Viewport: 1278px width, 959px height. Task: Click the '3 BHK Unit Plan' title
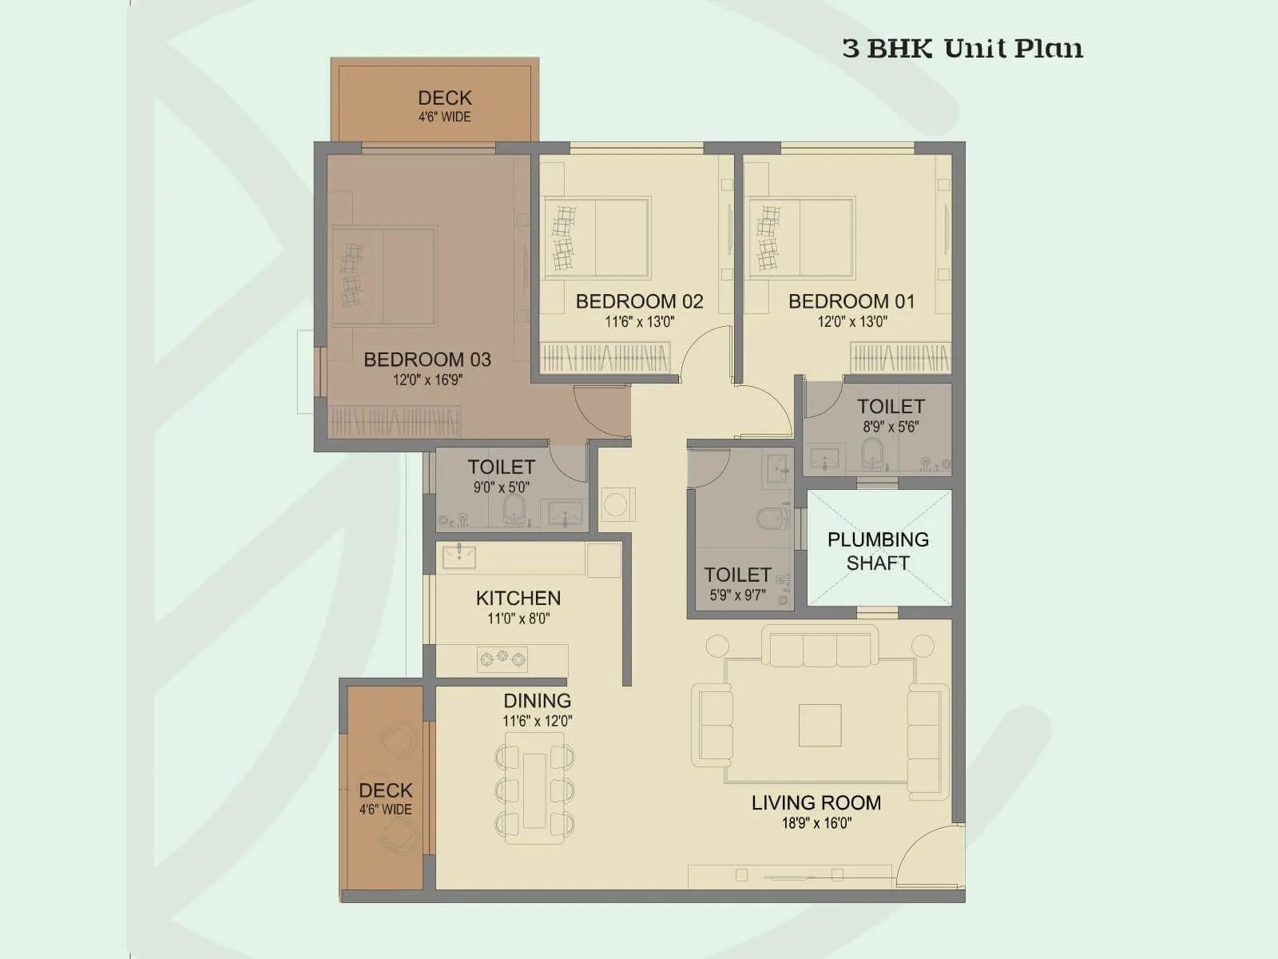point(962,49)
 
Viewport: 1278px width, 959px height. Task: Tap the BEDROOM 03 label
point(427,360)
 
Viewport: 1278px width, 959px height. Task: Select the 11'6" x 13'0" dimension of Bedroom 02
point(639,322)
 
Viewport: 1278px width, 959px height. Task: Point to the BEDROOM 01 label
point(851,301)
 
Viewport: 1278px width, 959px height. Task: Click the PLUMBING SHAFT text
point(878,551)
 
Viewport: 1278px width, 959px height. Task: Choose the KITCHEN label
point(518,598)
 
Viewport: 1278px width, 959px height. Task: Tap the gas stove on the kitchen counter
point(502,659)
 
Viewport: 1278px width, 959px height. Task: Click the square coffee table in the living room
point(820,725)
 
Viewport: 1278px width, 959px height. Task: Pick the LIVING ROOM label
point(816,802)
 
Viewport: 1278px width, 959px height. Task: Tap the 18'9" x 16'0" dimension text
point(816,824)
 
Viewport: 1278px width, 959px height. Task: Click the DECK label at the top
point(444,98)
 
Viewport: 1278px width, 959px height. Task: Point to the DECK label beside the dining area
point(385,790)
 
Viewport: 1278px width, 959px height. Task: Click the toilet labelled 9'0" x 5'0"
point(501,467)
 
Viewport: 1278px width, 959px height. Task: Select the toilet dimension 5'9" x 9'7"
point(736,595)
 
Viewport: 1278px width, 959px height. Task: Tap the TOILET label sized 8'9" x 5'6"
point(891,406)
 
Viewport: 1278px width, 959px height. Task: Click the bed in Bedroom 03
point(384,276)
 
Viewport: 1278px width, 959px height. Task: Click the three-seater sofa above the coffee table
point(820,647)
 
